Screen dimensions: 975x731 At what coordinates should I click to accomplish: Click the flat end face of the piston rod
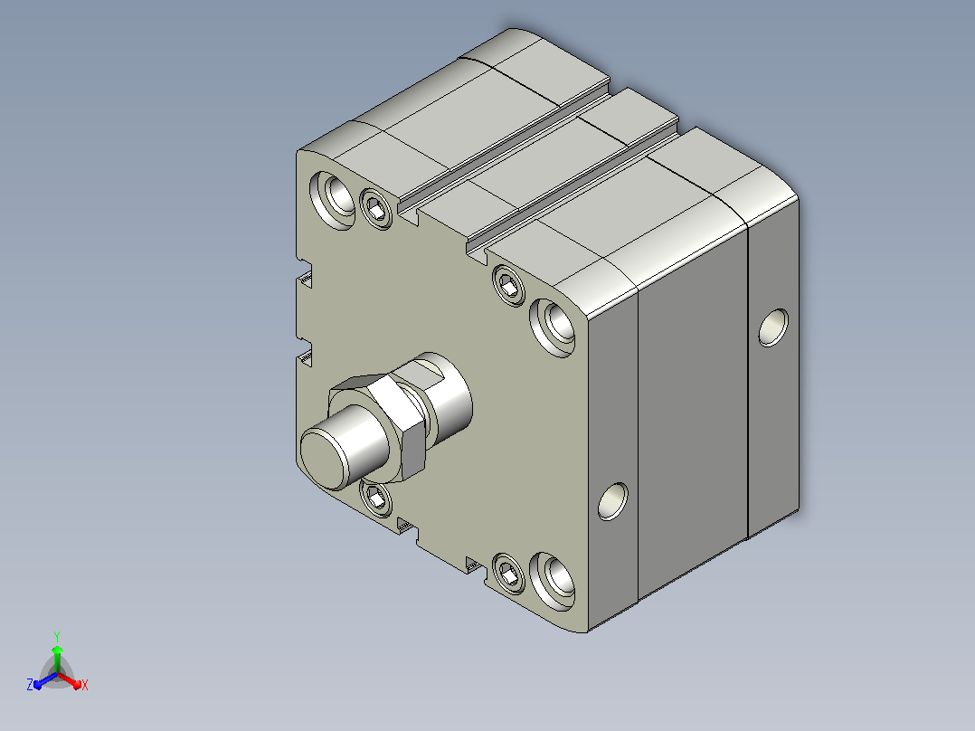point(322,459)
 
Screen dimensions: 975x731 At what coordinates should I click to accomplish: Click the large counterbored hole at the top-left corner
point(334,200)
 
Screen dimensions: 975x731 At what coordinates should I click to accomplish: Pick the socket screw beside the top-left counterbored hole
point(376,208)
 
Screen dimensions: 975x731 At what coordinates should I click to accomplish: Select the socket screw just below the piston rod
point(377,498)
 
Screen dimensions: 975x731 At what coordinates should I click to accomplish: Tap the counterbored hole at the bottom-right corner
point(554,582)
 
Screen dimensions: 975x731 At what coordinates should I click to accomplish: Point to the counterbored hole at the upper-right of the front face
point(554,328)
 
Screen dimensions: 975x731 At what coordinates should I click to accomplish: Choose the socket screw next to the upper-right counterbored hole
point(508,285)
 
